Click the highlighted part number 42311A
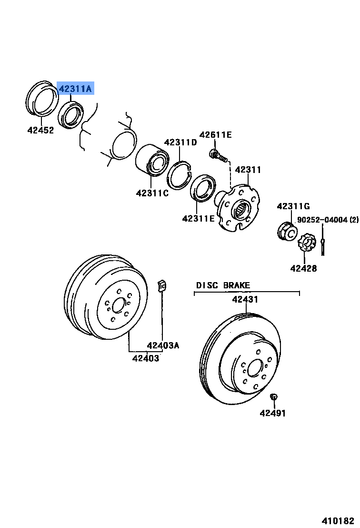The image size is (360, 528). click(x=75, y=89)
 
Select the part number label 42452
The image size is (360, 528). click(x=40, y=130)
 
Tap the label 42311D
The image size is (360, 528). click(x=180, y=142)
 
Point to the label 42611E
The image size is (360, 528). click(x=215, y=135)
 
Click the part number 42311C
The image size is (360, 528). click(x=152, y=193)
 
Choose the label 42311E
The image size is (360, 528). click(x=198, y=219)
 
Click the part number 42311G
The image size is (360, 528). click(x=293, y=206)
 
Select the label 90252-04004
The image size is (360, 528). click(x=323, y=220)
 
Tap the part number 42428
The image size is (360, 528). click(x=303, y=268)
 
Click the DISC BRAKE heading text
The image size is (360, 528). click(x=223, y=285)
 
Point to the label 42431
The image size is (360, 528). click(x=245, y=300)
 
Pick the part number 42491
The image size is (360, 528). click(x=273, y=413)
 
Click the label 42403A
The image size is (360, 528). click(x=163, y=345)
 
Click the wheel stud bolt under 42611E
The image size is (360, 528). click(x=218, y=155)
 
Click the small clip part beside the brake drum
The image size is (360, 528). click(x=162, y=285)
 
